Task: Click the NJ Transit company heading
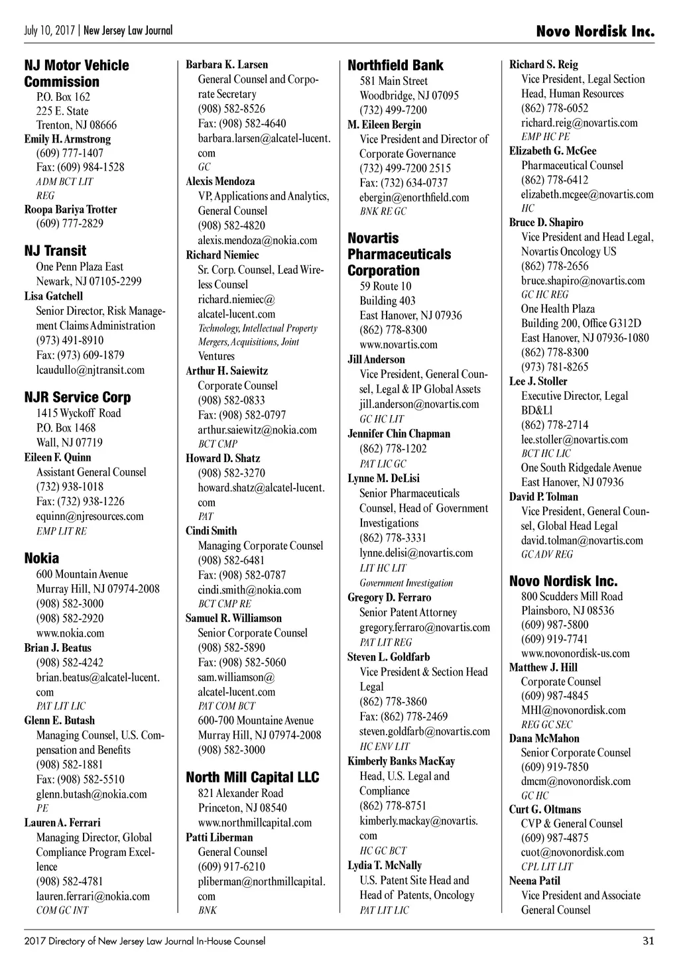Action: pyautogui.click(x=55, y=251)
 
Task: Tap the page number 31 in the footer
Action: pyautogui.click(x=648, y=940)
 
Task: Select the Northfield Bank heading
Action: pyautogui.click(x=395, y=65)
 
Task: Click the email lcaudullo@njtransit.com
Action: pyautogui.click(x=90, y=370)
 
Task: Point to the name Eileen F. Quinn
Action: pyautogui.click(x=58, y=457)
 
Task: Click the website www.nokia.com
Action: pyautogui.click(x=70, y=633)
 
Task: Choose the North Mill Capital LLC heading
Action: pyautogui.click(x=252, y=777)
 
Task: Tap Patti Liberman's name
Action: pyautogui.click(x=219, y=837)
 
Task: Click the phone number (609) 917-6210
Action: pyautogui.click(x=231, y=866)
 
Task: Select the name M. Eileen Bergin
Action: pyautogui.click(x=384, y=125)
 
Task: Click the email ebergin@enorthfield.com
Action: pyautogui.click(x=414, y=197)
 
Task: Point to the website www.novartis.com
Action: pyautogui.click(x=399, y=344)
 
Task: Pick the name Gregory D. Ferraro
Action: pyautogui.click(x=389, y=597)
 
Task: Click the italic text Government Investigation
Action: pyautogui.click(x=406, y=583)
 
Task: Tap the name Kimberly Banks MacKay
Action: pyautogui.click(x=401, y=761)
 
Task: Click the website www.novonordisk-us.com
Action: pyautogui.click(x=575, y=653)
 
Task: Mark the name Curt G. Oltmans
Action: pyautogui.click(x=544, y=809)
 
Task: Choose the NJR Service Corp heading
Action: pyautogui.click(x=77, y=397)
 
